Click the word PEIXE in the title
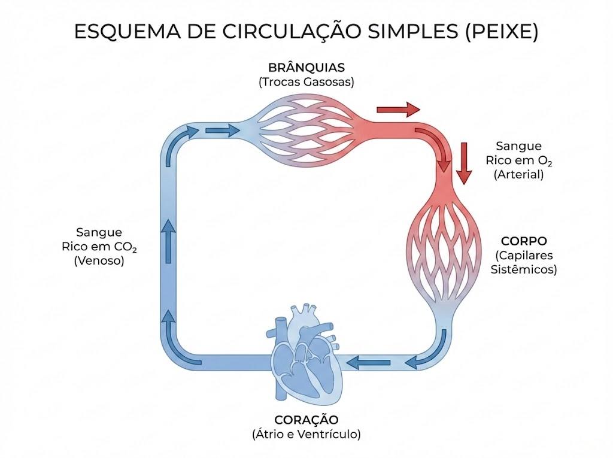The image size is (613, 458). [502, 31]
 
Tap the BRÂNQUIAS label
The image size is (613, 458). [306, 68]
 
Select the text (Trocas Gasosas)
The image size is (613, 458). [306, 82]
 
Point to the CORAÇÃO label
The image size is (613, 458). [306, 420]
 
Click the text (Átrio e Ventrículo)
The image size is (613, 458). [306, 434]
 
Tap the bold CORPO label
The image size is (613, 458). [524, 241]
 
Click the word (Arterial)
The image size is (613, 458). [519, 174]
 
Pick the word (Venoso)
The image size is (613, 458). [99, 260]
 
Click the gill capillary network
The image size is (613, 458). [307, 129]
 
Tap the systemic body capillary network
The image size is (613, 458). [444, 250]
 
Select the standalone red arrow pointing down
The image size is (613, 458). [464, 163]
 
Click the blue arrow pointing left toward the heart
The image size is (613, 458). [368, 363]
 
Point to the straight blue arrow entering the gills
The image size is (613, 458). [222, 130]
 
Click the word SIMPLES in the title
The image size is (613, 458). [412, 31]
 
